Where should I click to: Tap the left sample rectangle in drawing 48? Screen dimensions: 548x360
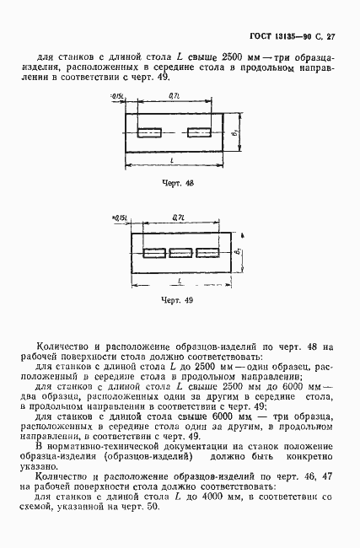tap(149, 132)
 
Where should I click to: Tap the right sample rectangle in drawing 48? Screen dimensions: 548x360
tap(200, 132)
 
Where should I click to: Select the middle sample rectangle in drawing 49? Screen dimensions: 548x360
tap(181, 252)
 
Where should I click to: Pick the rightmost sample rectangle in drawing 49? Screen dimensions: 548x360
tap(207, 252)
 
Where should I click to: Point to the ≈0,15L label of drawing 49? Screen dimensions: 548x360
tap(121, 219)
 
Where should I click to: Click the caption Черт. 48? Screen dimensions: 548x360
tap(177, 181)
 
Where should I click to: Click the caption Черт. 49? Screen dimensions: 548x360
tap(178, 300)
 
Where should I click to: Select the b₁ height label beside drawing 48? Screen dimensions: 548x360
tap(236, 132)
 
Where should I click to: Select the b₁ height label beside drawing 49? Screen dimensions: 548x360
tap(239, 253)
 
